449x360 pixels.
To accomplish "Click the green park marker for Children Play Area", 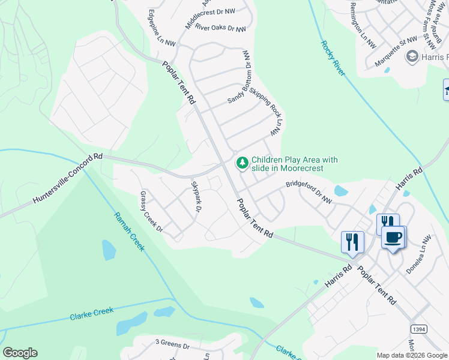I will pyautogui.click(x=243, y=163).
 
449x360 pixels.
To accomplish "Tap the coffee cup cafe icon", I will pyautogui.click(x=393, y=237).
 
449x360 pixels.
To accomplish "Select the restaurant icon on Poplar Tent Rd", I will pyautogui.click(x=352, y=242).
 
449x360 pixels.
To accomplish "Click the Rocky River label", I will pyautogui.click(x=333, y=58).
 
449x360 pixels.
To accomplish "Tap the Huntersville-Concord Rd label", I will pyautogui.click(x=67, y=177).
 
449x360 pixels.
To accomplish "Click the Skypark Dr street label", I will pyautogui.click(x=196, y=196).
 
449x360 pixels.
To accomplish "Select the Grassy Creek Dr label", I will pyautogui.click(x=152, y=212).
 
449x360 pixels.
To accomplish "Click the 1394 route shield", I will pyautogui.click(x=419, y=329).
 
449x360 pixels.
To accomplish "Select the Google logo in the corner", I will pyautogui.click(x=20, y=353).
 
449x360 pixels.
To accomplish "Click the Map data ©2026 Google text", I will pyautogui.click(x=412, y=355).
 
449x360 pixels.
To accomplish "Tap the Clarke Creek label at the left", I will pyautogui.click(x=91, y=314).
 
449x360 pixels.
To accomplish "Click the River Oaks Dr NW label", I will pyautogui.click(x=220, y=29).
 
